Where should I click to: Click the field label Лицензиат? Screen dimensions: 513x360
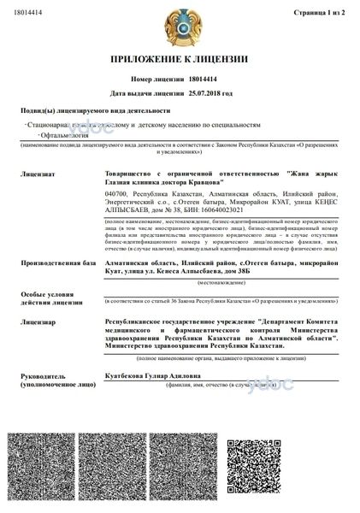[x=37, y=174]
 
